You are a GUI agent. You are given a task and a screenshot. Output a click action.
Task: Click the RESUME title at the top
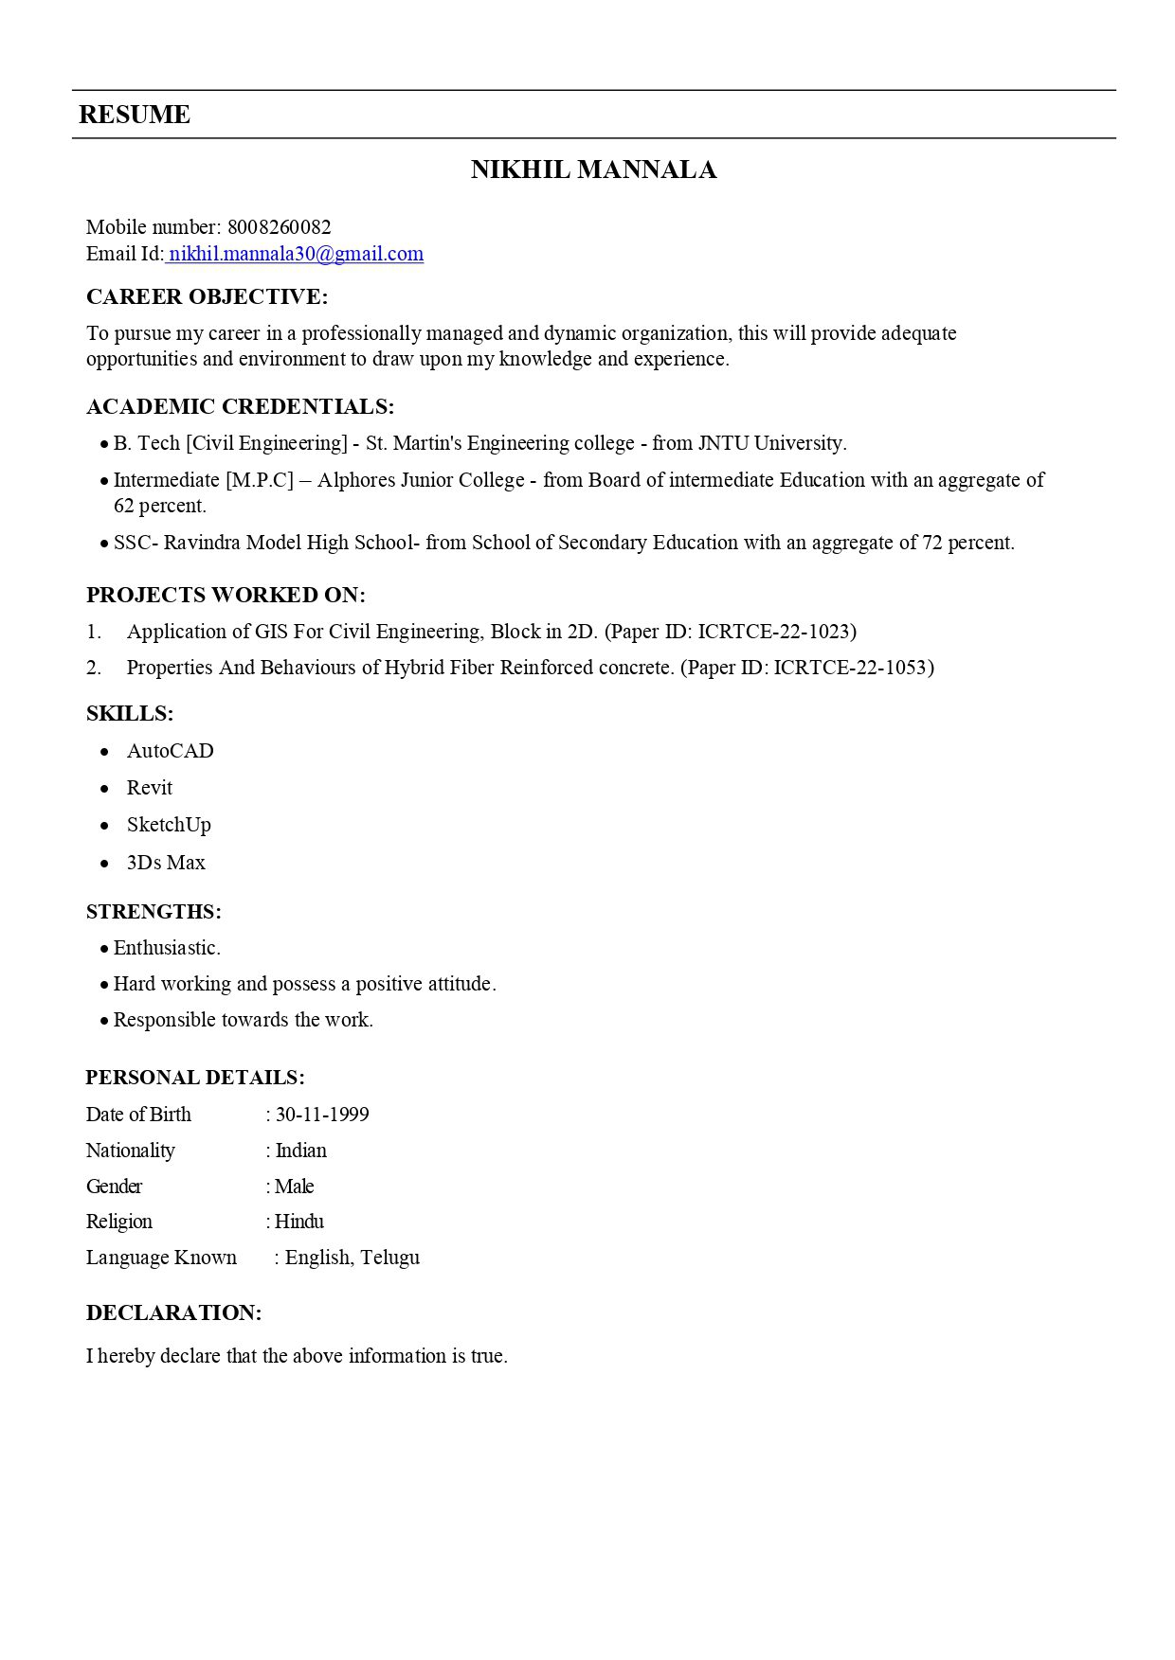135,115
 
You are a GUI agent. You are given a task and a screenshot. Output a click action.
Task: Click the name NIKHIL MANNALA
593,170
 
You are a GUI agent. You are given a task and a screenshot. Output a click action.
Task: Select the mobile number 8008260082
280,227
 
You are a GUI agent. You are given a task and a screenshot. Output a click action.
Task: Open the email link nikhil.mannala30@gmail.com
296,254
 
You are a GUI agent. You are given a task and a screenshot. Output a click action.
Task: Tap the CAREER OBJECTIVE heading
207,297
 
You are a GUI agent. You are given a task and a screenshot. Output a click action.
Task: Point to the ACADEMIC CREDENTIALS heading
240,407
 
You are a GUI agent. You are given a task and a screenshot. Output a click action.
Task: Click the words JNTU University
771,443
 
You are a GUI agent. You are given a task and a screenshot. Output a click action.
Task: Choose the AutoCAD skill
171,751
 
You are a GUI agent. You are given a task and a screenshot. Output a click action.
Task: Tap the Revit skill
150,788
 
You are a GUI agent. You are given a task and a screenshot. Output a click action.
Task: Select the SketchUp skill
169,825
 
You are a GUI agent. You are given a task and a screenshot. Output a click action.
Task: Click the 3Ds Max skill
166,863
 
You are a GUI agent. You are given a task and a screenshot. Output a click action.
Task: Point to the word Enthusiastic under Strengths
167,948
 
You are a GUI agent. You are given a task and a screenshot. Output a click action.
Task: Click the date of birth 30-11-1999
322,1115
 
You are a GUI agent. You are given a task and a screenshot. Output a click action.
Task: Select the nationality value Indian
301,1151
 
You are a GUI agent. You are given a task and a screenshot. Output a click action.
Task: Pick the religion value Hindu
299,1222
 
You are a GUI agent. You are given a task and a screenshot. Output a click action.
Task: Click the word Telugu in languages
389,1258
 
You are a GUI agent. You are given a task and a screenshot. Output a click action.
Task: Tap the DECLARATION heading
173,1313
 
